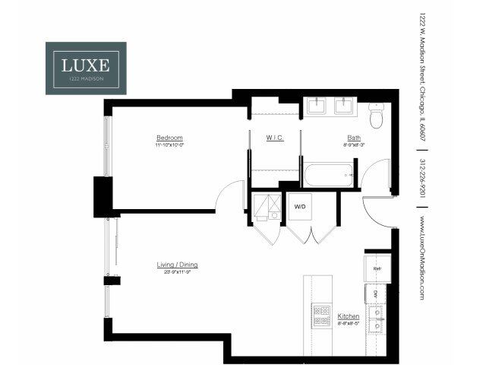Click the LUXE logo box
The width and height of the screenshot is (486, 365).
coord(86,68)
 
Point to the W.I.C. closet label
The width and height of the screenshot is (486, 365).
coord(274,138)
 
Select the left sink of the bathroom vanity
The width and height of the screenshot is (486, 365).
coord(317,105)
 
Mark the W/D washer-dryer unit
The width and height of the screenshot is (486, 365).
coord(300,207)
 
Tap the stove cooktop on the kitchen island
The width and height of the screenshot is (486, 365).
coord(321,315)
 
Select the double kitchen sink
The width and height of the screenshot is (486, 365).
coord(375,319)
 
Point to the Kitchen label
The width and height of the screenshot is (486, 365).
coord(348,315)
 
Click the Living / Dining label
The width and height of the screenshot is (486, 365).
coord(177,265)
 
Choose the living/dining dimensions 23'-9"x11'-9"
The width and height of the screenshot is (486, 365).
coord(177,271)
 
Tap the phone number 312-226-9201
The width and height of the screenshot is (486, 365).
coord(422,178)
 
